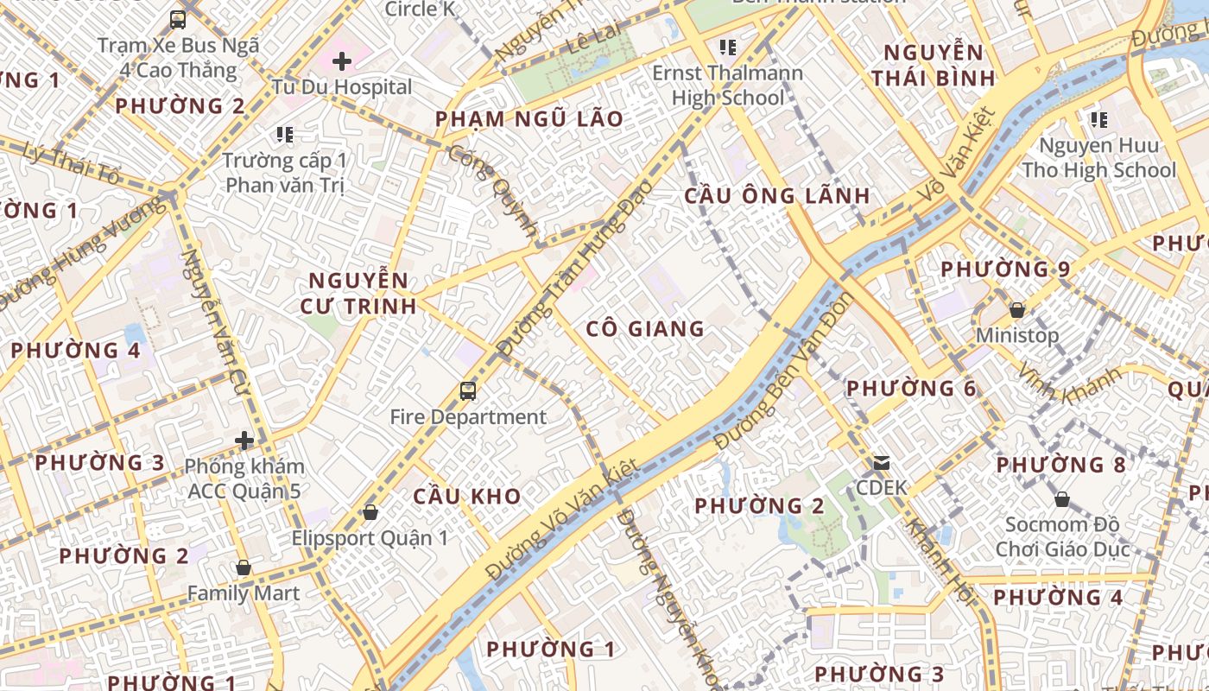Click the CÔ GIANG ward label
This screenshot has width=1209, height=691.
[645, 329]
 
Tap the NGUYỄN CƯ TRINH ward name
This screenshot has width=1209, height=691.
[358, 293]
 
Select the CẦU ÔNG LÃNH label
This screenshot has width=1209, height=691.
[777, 196]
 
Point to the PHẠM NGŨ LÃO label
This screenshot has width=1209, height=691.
[529, 119]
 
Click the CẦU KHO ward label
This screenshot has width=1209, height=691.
[466, 497]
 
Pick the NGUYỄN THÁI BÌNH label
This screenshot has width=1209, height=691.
[933, 66]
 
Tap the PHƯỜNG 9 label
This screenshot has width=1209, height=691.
[1005, 269]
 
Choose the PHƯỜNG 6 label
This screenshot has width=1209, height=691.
[911, 389]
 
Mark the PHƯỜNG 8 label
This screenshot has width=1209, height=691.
[1060, 466]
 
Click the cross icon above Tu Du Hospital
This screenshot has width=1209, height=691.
[342, 61]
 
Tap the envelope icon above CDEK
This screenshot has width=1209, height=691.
[881, 463]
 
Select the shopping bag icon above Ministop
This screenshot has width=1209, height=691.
[1017, 309]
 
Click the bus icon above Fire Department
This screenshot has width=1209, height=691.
[467, 391]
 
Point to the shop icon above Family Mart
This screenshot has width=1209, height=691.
[244, 567]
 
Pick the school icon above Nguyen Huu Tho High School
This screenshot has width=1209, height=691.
[1098, 119]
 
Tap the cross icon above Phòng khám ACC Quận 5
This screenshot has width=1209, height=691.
[244, 441]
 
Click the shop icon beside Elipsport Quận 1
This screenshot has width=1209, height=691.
[370, 512]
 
